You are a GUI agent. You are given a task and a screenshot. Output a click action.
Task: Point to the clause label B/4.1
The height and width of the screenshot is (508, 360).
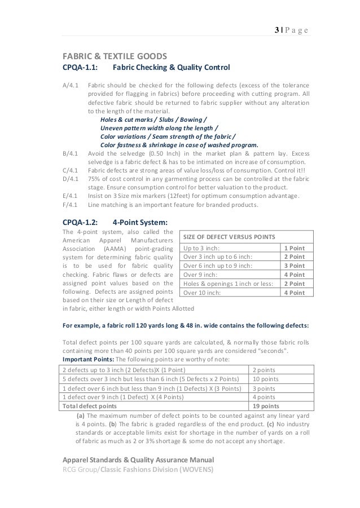tap(71, 153)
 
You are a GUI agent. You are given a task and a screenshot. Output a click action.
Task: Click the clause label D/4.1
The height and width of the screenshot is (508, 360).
tap(71, 178)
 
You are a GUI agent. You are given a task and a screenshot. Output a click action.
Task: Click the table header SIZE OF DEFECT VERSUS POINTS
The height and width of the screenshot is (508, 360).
tap(230, 236)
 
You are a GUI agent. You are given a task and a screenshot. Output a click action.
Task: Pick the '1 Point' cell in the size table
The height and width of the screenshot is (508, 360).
tap(293, 248)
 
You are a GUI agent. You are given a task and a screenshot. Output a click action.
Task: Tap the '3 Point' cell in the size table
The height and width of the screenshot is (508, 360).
tap(293, 266)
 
